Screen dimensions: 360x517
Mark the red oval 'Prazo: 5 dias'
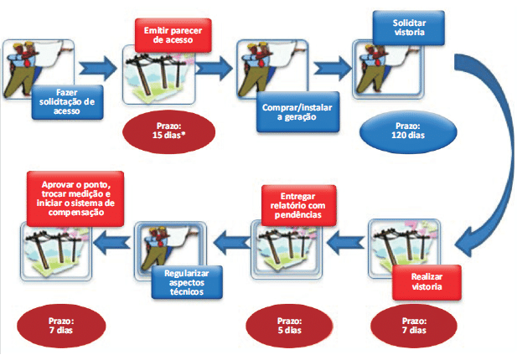pos(285,324)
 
